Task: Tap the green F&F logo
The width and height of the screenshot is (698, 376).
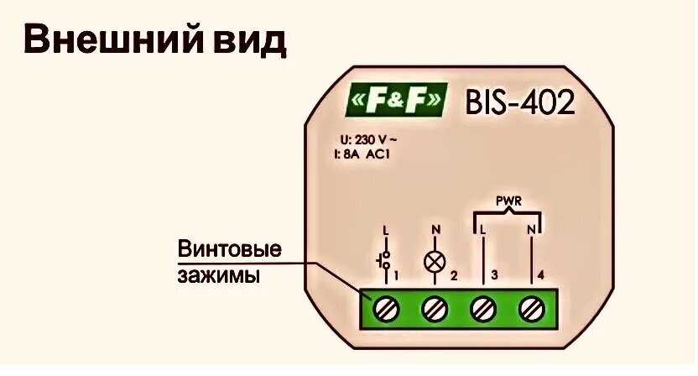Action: click(394, 102)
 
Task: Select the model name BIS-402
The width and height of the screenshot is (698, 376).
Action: click(521, 102)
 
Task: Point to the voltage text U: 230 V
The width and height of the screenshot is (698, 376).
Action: click(366, 140)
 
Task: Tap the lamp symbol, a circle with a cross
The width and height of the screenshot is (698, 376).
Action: click(435, 261)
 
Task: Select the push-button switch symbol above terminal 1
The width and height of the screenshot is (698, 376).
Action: click(387, 259)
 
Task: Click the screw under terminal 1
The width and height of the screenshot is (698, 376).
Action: click(387, 309)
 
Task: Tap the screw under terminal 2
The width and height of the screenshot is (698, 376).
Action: click(435, 309)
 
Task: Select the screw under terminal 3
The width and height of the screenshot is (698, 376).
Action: click(482, 309)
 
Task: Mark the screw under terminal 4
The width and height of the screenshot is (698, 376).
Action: click(530, 309)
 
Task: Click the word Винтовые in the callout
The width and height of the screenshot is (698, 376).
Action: click(227, 250)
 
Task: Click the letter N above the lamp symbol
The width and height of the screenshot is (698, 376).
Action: click(434, 228)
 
